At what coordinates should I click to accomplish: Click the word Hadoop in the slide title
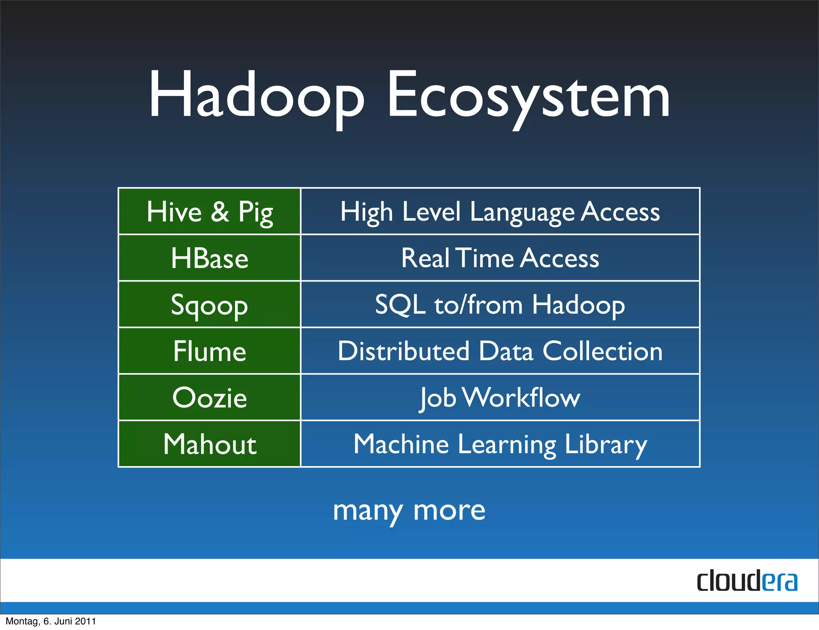pos(256,96)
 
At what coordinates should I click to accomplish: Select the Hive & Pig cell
pos(210,211)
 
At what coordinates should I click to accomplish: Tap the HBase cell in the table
pos(210,258)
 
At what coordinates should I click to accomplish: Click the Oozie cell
pos(210,398)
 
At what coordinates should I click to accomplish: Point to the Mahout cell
pos(210,444)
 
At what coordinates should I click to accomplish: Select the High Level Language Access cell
pos(500,211)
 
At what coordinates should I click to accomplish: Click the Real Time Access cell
pos(500,258)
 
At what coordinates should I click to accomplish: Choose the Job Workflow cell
pos(500,398)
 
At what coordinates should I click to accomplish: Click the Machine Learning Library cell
pos(500,444)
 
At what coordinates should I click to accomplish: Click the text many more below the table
pos(409,510)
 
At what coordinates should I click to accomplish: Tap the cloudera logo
pos(747,581)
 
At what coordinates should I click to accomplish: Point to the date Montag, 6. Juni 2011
pos(51,621)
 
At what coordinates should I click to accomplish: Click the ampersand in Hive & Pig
pos(220,212)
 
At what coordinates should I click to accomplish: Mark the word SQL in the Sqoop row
pos(400,305)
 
